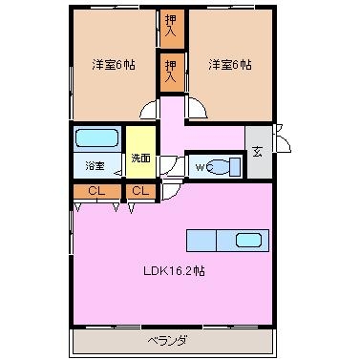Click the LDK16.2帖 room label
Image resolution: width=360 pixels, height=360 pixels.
tap(174, 271)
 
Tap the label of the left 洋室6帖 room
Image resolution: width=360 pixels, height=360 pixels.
tap(114, 65)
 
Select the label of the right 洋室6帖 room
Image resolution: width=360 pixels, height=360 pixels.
tap(230, 65)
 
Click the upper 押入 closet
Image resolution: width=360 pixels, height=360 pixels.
tap(172, 29)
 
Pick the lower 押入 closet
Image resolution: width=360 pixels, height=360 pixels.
tap(172, 73)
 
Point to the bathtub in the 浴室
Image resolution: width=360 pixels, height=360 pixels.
tap(97, 138)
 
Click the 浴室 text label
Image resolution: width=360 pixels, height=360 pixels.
tap(95, 166)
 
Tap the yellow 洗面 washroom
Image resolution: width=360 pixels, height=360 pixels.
tap(141, 152)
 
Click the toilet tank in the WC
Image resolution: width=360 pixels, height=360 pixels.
tap(235, 166)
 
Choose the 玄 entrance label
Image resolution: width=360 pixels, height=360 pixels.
tap(258, 152)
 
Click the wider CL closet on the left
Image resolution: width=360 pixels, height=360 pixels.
tap(97, 192)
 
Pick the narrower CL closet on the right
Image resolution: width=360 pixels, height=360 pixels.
tap(141, 192)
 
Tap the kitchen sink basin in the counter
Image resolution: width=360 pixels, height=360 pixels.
tap(249, 241)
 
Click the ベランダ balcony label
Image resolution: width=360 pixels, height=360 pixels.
tap(167, 341)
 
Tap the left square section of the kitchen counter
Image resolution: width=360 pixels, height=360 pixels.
tap(201, 241)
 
